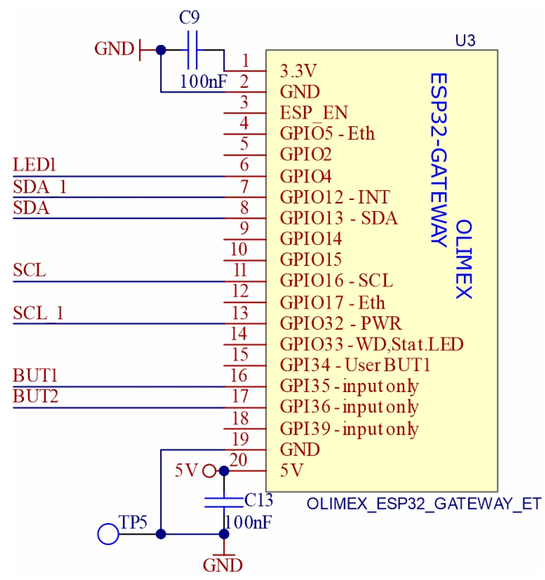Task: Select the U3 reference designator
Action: pyautogui.click(x=465, y=41)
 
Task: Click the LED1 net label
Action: pyautogui.click(x=34, y=165)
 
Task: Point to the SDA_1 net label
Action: pyautogui.click(x=39, y=187)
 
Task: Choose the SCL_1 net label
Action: pyautogui.click(x=38, y=313)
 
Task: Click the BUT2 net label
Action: pyautogui.click(x=35, y=396)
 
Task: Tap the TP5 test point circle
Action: pyautogui.click(x=108, y=534)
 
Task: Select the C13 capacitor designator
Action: pyautogui.click(x=258, y=500)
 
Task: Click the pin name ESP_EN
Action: pyautogui.click(x=314, y=113)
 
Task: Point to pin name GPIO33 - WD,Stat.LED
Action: pyautogui.click(x=371, y=344)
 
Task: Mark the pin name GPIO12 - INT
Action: pyautogui.click(x=335, y=197)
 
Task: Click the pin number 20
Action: pyautogui.click(x=238, y=460)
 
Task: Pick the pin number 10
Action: pyautogui.click(x=239, y=249)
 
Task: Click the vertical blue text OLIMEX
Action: pyautogui.click(x=463, y=259)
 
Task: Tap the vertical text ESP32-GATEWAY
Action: pyautogui.click(x=439, y=160)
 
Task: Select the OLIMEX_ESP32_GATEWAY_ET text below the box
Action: pyautogui.click(x=423, y=504)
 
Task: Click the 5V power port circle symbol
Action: pyautogui.click(x=209, y=471)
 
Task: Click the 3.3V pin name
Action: pyautogui.click(x=298, y=71)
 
